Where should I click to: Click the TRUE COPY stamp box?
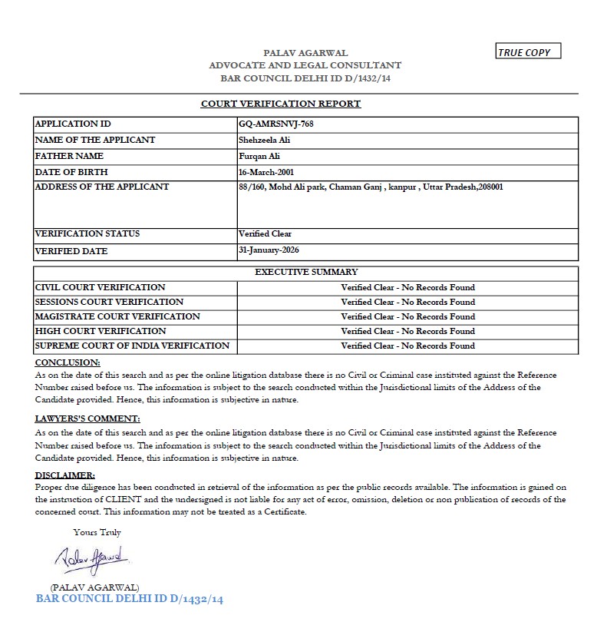(529, 51)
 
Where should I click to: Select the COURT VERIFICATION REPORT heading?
(281, 104)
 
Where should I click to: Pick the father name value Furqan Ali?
(259, 156)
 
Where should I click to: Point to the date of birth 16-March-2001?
(266, 172)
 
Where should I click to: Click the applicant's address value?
(371, 187)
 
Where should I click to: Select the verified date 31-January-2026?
(269, 250)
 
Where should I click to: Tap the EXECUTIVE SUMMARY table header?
(306, 272)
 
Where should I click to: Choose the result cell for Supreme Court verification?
(407, 346)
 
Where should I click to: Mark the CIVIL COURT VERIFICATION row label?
(101, 287)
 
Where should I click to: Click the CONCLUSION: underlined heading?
(68, 362)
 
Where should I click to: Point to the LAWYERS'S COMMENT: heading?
(88, 419)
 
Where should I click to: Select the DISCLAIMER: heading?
(65, 475)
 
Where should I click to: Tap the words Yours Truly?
(97, 532)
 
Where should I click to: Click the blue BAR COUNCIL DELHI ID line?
(130, 599)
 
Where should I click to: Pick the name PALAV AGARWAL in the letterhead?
(305, 53)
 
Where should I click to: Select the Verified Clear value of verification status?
(265, 233)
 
